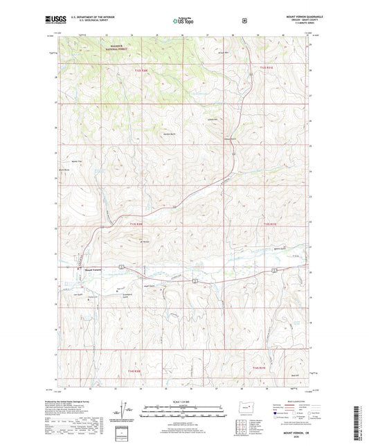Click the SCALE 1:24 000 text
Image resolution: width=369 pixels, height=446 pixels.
[x=183, y=402]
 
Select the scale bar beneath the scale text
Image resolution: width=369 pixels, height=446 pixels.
[x=183, y=413]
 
